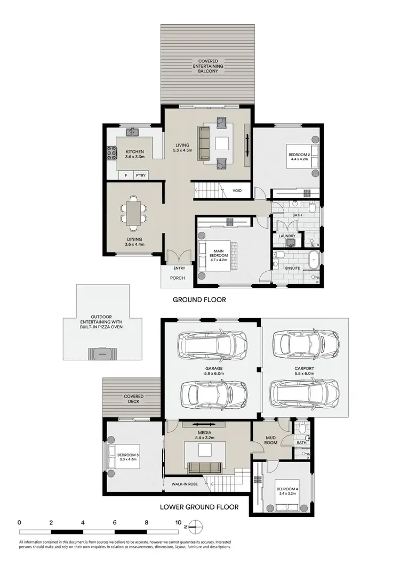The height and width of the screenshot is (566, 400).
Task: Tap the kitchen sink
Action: click(132, 132)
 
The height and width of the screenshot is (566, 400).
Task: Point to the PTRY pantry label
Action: click(140, 175)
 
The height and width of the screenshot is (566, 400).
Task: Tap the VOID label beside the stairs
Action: click(238, 190)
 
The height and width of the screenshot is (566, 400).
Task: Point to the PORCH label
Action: click(177, 278)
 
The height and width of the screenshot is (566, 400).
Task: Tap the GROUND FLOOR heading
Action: click(199, 300)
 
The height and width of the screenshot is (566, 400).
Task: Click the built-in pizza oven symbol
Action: click(101, 353)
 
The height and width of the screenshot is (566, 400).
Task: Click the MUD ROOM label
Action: click(270, 440)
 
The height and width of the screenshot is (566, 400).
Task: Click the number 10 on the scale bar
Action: click(178, 523)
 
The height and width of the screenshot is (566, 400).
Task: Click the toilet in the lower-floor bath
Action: click(302, 427)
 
